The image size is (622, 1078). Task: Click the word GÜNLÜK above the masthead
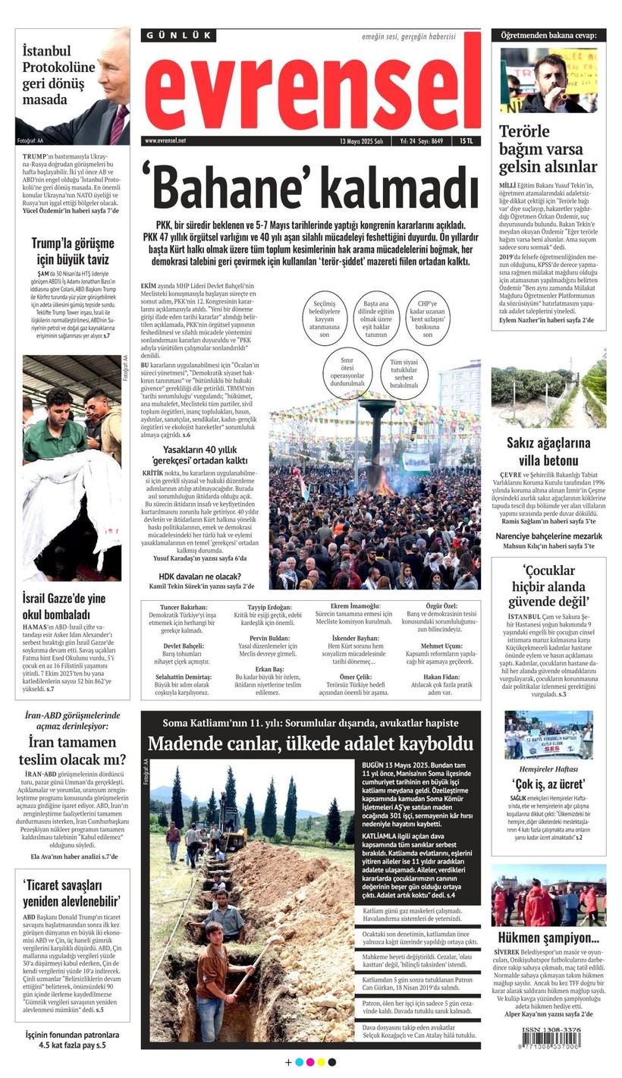tap(178, 36)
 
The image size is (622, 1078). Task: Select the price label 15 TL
tap(465, 141)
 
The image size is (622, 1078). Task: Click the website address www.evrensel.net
tap(165, 141)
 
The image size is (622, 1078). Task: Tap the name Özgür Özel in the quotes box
tap(441, 608)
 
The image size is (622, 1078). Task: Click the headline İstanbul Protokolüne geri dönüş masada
tap(59, 75)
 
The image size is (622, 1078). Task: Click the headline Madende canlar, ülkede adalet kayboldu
tap(310, 743)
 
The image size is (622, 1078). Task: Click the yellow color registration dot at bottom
tap(321, 1062)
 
